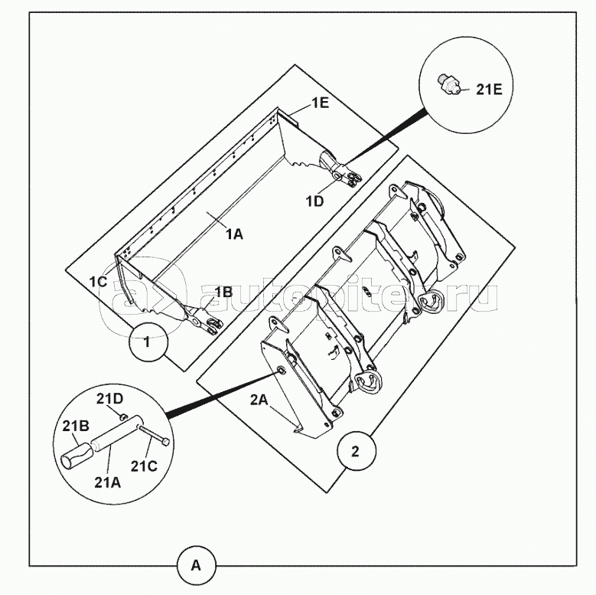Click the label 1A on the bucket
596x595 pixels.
coord(233,234)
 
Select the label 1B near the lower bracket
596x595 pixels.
coord(223,292)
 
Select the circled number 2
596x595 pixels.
coord(356,450)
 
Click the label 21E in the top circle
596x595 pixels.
coord(490,89)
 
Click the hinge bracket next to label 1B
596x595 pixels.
coord(202,320)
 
